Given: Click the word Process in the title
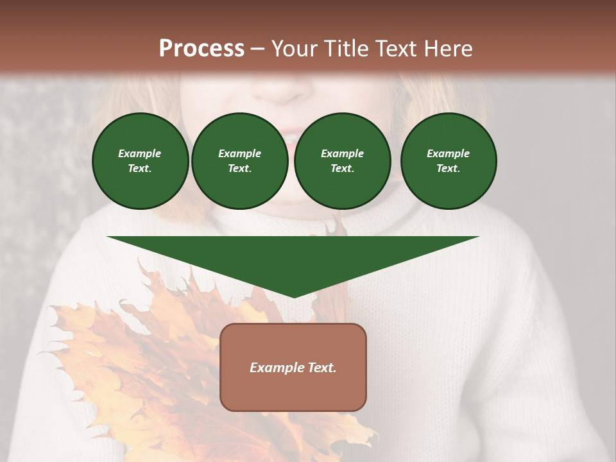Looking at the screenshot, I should [201, 49].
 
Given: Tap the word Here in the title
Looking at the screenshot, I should [447, 49].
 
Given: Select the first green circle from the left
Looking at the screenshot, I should [140, 161].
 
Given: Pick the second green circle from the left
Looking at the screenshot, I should [240, 161].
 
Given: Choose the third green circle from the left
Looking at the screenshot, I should [342, 161].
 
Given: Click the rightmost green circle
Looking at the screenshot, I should [449, 161].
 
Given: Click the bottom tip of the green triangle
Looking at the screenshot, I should [294, 296].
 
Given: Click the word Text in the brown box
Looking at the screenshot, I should [322, 368].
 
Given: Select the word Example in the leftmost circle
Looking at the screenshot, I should [140, 153].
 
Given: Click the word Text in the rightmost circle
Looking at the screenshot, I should [448, 169].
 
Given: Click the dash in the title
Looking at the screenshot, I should [258, 49].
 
